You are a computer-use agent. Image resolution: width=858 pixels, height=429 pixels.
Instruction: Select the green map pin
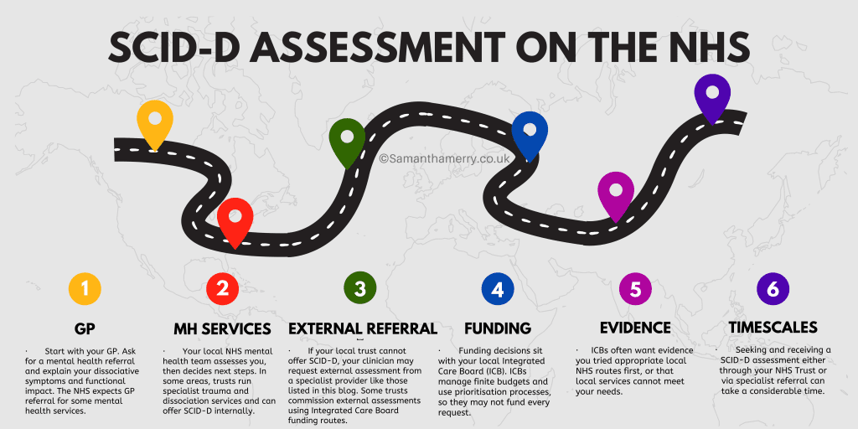[347, 139]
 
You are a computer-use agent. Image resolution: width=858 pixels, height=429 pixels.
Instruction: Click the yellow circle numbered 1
[85, 289]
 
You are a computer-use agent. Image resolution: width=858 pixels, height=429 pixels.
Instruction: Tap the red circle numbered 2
[222, 289]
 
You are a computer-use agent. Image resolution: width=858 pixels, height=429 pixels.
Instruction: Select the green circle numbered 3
[359, 289]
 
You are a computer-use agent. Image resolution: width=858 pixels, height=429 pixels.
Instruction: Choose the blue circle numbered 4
[498, 289]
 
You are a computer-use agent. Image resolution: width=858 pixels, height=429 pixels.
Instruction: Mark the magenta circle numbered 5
[635, 289]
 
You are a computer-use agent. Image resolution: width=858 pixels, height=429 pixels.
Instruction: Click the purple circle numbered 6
[773, 289]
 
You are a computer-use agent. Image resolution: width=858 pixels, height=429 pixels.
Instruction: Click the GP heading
[85, 328]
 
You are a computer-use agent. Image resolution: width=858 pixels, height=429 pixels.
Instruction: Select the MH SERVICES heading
[222, 328]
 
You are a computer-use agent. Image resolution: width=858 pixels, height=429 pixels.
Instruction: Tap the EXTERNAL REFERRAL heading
[362, 328]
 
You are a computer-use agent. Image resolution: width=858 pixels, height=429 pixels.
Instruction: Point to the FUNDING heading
[498, 328]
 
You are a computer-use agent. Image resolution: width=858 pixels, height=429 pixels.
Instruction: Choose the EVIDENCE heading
[635, 328]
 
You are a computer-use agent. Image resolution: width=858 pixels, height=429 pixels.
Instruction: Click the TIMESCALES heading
[773, 328]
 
